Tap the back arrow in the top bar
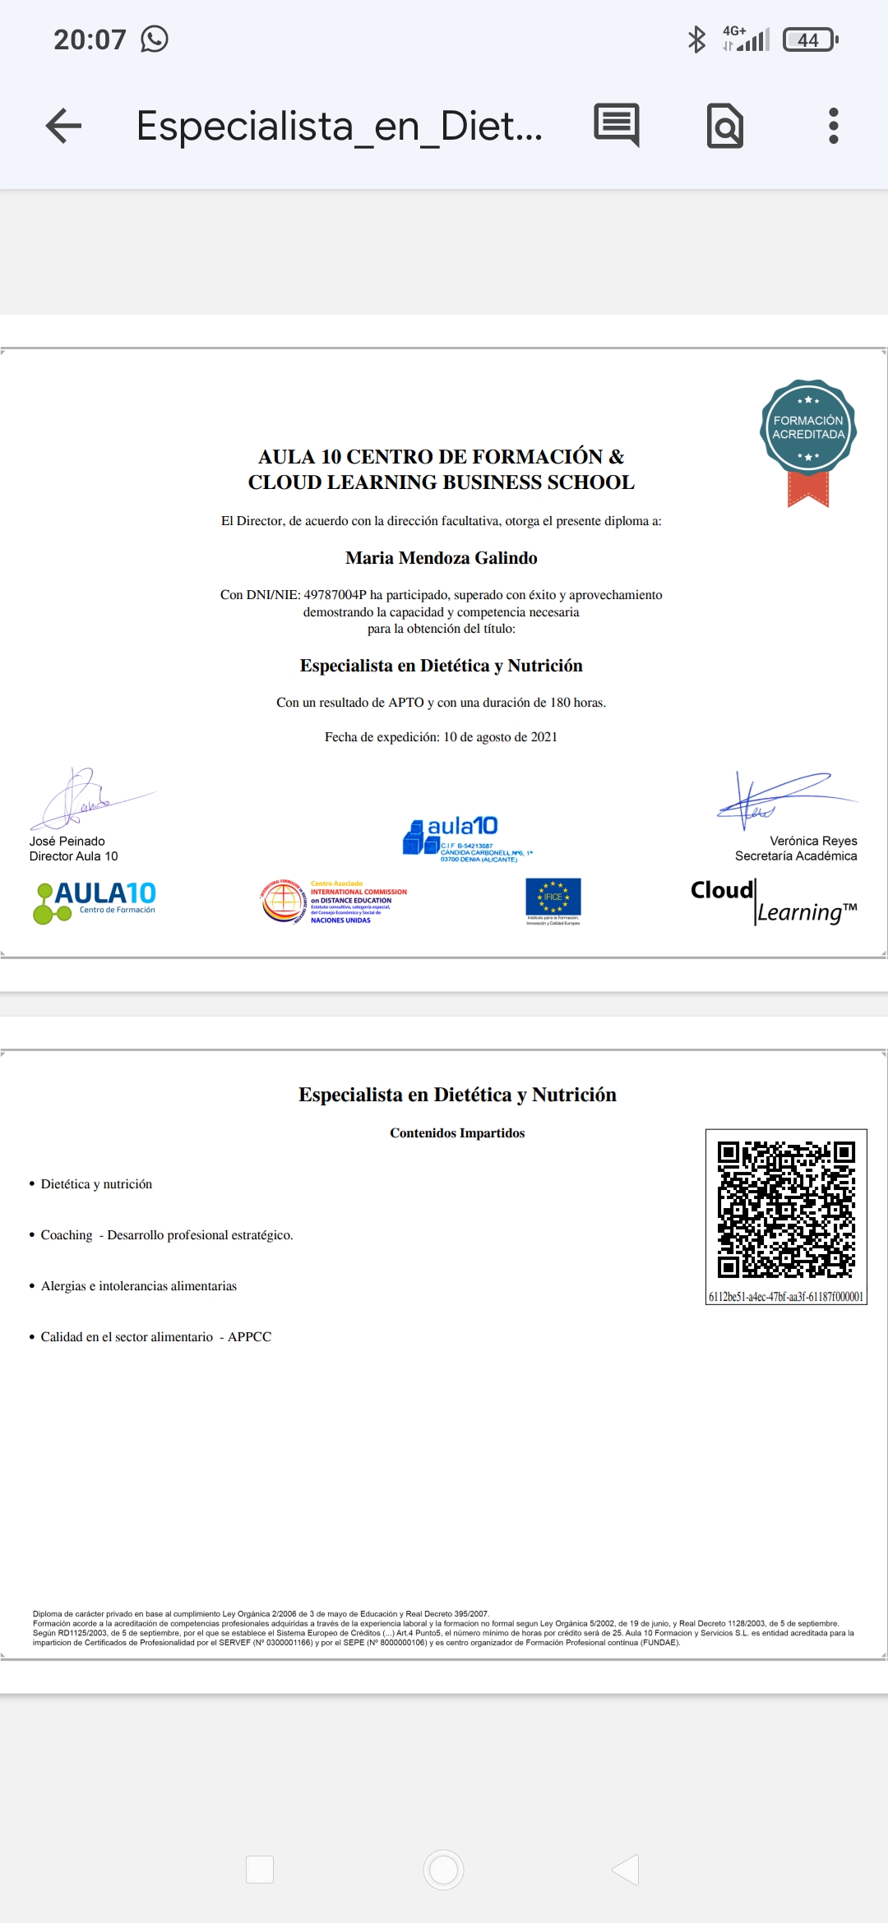[64, 126]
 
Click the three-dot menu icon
[833, 126]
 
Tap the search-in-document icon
[725, 126]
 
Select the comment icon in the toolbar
[617, 125]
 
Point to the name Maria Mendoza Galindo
[442, 558]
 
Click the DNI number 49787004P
[335, 595]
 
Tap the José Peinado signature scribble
[82, 798]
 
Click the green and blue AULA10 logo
[95, 902]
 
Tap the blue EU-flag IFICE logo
[553, 901]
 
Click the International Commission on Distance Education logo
[333, 902]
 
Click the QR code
[786, 1210]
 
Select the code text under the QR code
[786, 1297]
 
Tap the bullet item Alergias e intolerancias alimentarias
[139, 1286]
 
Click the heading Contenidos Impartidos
[457, 1133]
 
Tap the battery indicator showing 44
[809, 39]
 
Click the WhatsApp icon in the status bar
[155, 39]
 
